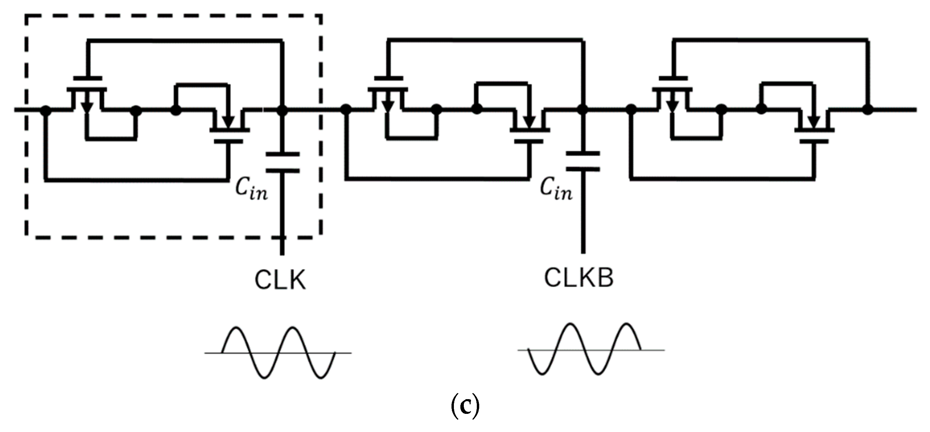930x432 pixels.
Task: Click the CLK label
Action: pos(280,280)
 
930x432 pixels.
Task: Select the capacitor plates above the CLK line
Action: pos(282,163)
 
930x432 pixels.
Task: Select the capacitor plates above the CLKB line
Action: pos(583,162)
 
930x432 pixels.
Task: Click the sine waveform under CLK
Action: pos(278,353)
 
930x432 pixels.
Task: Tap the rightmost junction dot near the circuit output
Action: pos(868,109)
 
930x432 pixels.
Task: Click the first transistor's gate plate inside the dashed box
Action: pos(87,78)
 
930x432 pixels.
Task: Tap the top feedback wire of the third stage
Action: pos(773,40)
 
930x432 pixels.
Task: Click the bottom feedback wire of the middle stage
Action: pos(437,178)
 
